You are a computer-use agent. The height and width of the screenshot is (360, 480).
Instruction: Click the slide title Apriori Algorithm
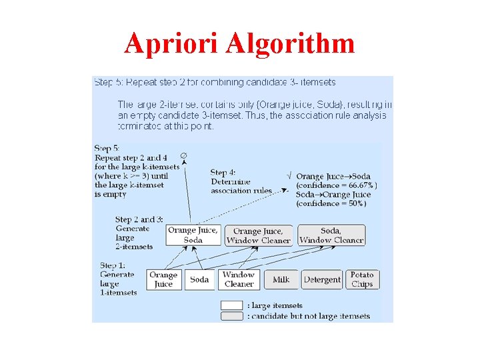point(239,43)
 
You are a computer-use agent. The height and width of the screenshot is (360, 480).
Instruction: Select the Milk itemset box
point(281,279)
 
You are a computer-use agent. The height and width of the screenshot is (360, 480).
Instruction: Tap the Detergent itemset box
point(322,279)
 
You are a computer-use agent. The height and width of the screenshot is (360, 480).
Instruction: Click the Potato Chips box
point(362,279)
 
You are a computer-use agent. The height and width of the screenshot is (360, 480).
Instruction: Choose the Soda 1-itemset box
point(199,279)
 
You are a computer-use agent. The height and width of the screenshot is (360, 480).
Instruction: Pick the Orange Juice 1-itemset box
point(163,279)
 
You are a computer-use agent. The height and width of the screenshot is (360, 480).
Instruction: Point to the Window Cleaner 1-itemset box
point(239,279)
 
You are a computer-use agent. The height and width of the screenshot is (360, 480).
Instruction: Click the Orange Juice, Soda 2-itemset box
point(193,235)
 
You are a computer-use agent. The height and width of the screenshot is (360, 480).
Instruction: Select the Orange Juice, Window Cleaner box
point(258,235)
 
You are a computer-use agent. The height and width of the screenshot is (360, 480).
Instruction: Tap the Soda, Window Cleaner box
point(331,235)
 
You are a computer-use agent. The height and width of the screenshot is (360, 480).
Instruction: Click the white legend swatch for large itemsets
point(232,305)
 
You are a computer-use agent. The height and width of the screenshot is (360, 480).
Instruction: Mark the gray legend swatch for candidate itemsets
point(232,316)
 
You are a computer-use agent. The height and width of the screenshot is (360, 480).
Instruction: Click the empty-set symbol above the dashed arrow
point(183,155)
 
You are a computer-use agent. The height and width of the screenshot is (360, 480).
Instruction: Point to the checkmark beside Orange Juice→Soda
point(288,175)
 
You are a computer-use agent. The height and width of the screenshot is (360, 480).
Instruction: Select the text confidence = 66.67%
point(336,185)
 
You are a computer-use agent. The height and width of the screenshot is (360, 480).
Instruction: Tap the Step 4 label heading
point(223,172)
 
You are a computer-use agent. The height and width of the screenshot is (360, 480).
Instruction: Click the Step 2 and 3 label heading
point(139,219)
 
